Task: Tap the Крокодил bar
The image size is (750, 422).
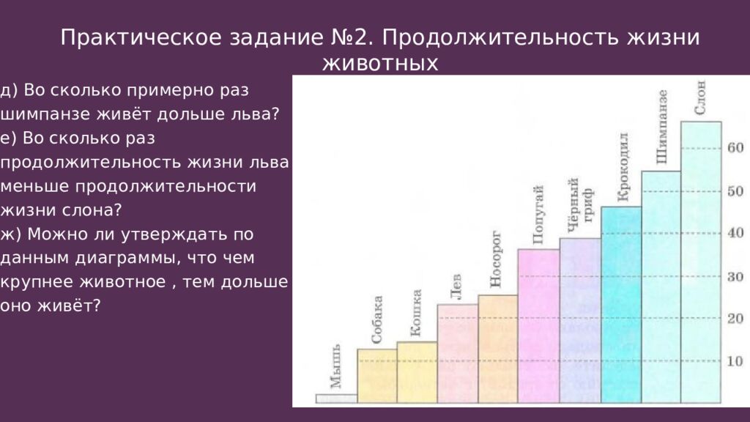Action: [x=621, y=305]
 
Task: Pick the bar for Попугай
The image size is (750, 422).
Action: [x=538, y=326]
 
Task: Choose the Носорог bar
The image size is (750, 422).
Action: [x=498, y=349]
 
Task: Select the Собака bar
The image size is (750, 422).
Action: [x=376, y=376]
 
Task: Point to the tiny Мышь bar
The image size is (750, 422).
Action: [x=336, y=399]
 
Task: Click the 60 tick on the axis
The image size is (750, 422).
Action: [x=735, y=148]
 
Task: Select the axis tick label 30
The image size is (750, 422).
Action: [x=735, y=277]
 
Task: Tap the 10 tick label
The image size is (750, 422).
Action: [x=735, y=361]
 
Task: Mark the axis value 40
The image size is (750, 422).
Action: [x=735, y=233]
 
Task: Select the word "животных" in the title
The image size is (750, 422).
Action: [x=380, y=64]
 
